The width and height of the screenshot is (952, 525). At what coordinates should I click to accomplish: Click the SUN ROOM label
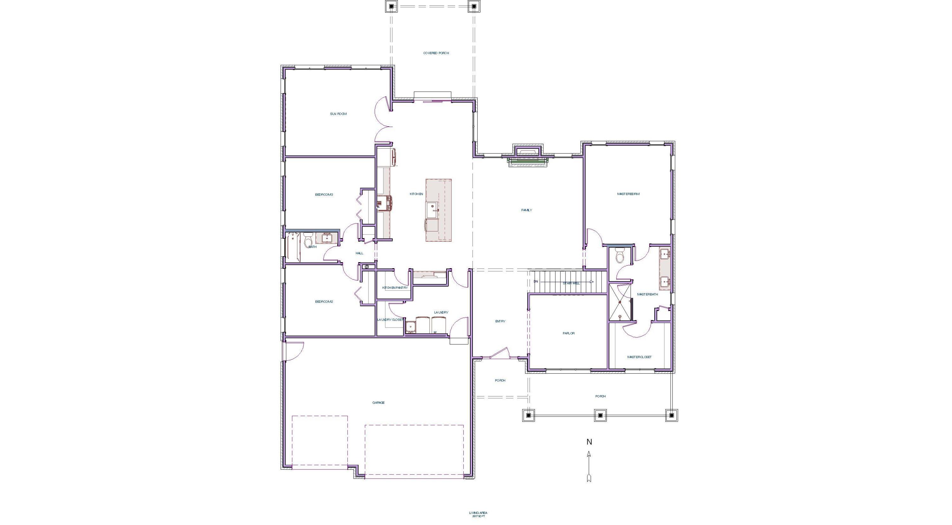338,114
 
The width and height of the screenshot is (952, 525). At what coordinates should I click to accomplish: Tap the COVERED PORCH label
436,53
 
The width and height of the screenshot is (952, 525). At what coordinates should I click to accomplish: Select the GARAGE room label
379,402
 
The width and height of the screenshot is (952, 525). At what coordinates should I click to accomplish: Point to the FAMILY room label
527,210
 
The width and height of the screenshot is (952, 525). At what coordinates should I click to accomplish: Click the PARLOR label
568,333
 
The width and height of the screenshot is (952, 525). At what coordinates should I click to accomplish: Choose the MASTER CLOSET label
639,357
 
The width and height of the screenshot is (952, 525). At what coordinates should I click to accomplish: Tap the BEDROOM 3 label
324,195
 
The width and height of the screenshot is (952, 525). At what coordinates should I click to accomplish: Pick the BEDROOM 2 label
324,302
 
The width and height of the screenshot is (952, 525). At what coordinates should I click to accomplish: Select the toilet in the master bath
620,256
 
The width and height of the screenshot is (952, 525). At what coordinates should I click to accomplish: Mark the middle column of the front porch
600,415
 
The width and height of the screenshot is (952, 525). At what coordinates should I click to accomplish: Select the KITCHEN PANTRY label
395,288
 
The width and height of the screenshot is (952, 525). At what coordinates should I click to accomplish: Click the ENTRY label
500,321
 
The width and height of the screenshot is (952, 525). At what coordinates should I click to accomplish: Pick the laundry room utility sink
410,327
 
